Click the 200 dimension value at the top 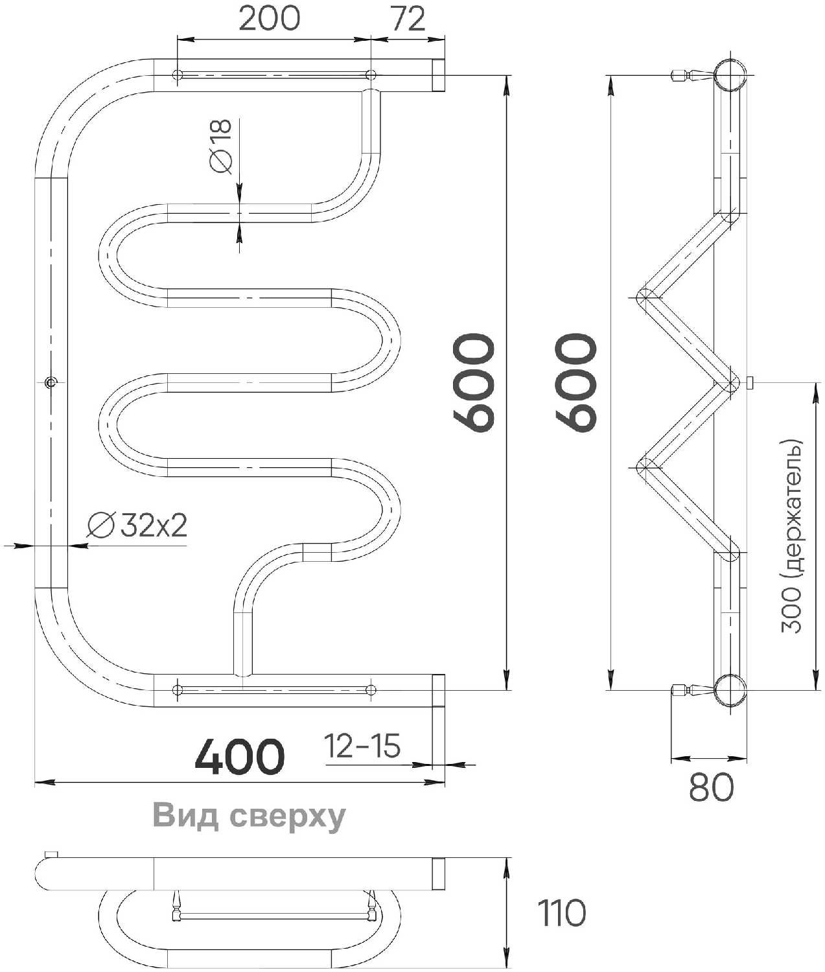[269, 19]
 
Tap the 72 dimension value [408, 19]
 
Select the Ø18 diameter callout [220, 146]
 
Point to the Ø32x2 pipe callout [137, 526]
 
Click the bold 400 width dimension [240, 757]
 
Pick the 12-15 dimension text [362, 746]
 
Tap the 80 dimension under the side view [711, 787]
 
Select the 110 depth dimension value [562, 914]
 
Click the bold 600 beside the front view [474, 382]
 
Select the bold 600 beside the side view [577, 382]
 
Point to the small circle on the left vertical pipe [51, 382]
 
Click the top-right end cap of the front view [438, 75]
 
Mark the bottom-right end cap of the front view [438, 690]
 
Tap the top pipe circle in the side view [730, 76]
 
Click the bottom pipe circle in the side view [730, 690]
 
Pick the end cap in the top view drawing [438, 874]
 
